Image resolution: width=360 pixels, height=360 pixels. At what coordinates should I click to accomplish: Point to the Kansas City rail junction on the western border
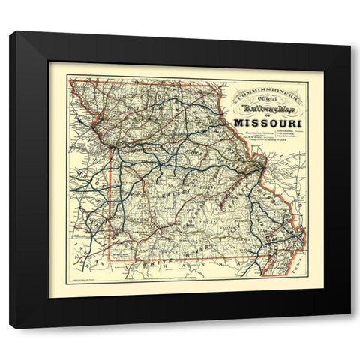pos(109,142)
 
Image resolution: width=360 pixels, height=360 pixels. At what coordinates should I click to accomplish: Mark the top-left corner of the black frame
pos(10,32)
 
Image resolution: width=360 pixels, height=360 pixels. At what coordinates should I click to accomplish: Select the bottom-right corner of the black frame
pos(349,327)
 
